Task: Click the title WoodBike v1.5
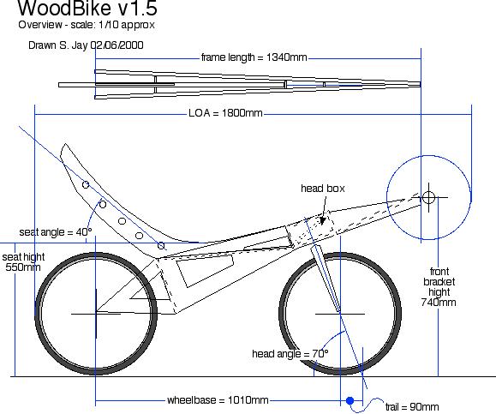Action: coord(87,9)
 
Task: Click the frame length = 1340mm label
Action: coord(254,57)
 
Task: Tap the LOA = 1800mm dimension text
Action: coord(225,113)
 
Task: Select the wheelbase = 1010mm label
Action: coord(218,400)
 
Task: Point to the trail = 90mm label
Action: coord(412,407)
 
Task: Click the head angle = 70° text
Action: coord(290,353)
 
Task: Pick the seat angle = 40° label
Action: coord(56,232)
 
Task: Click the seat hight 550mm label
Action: coord(23,262)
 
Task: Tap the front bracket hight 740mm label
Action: coord(439,287)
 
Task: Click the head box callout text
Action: coord(323,189)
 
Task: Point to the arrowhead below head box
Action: coord(322,220)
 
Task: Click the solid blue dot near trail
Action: coord(350,401)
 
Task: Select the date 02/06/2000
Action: coord(117,45)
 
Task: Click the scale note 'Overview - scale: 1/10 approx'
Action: coord(87,25)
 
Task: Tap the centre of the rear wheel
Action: coord(96,314)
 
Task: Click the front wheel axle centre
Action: coord(340,314)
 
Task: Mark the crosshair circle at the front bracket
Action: coord(428,197)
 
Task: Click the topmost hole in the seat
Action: coord(86,184)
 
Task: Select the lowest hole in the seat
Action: coord(161,245)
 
